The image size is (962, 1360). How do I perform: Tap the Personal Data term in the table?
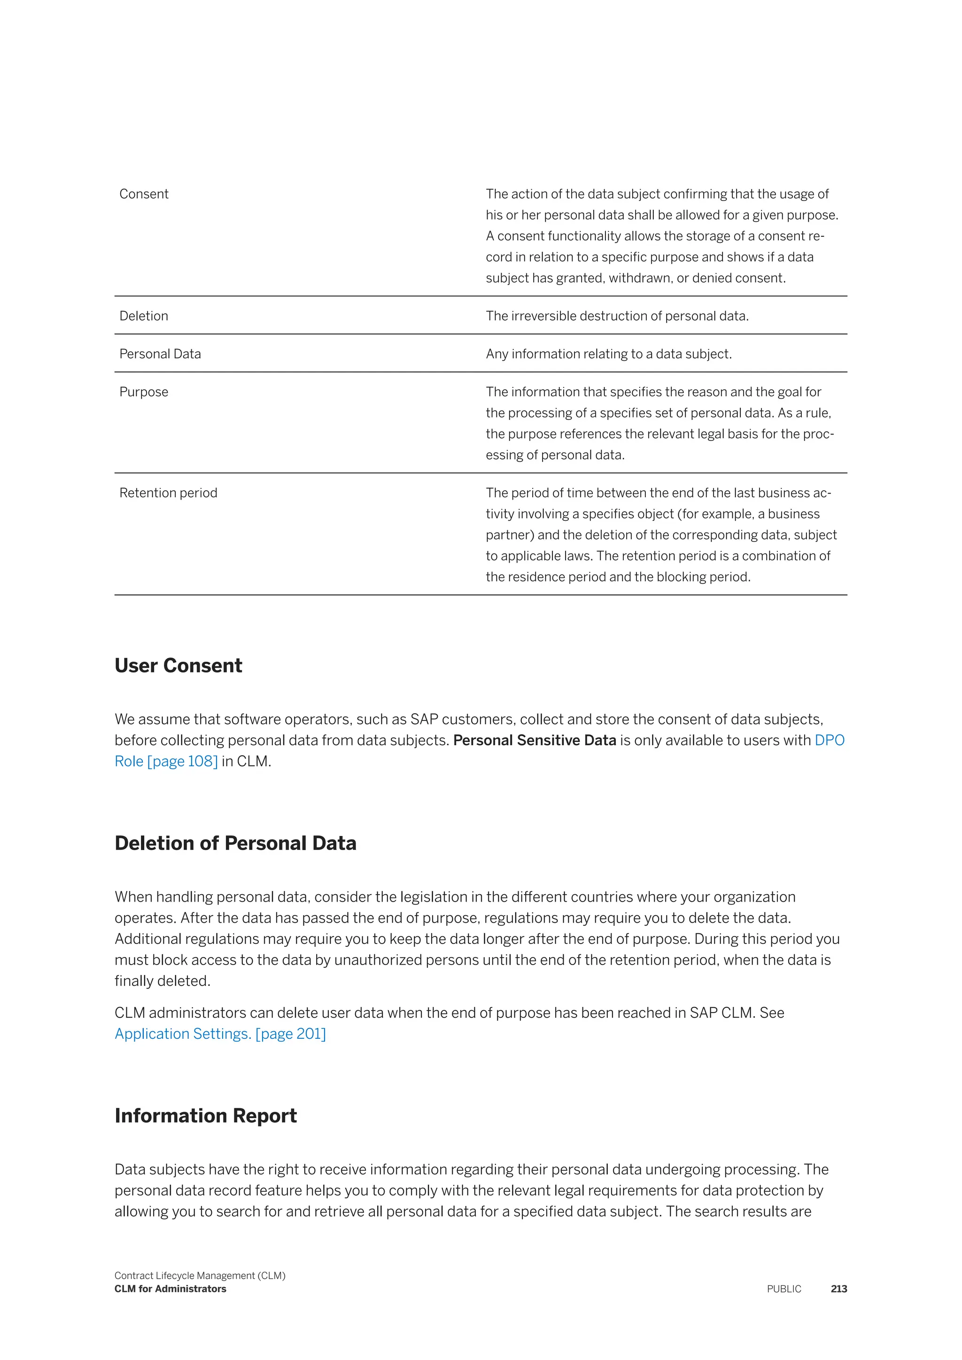160,354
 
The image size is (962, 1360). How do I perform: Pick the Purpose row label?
143,392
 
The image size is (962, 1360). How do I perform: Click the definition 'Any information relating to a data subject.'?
608,354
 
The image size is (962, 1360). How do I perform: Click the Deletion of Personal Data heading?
235,843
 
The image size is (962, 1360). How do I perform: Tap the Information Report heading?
206,1115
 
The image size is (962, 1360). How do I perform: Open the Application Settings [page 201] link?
220,1034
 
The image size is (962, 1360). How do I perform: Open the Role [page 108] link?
166,761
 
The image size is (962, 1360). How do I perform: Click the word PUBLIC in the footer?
784,1289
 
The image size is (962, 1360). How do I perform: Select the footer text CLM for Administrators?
170,1289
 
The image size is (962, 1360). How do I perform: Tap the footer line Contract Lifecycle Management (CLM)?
200,1275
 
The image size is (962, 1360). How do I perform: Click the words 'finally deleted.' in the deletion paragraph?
163,981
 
